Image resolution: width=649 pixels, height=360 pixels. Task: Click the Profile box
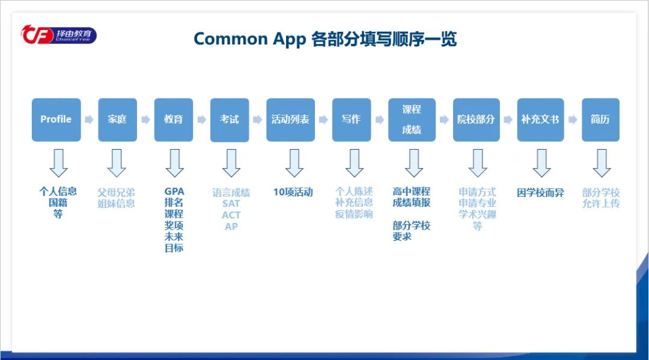[56, 120]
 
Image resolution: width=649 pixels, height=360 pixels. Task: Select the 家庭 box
[117, 120]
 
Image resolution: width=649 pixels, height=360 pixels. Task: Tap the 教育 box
[174, 120]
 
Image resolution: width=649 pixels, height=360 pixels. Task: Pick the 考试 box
[230, 120]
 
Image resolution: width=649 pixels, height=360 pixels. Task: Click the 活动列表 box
[290, 120]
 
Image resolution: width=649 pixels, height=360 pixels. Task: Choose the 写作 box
[352, 120]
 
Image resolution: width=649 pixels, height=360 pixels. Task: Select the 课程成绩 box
[412, 120]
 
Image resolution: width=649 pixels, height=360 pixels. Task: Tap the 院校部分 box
[476, 120]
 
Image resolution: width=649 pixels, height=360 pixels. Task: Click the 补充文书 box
[540, 120]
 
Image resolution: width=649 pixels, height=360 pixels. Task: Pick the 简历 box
[600, 120]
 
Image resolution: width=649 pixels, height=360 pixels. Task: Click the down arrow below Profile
[58, 163]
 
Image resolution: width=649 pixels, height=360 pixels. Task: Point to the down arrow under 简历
[602, 163]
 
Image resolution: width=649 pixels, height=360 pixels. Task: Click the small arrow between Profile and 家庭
[89, 120]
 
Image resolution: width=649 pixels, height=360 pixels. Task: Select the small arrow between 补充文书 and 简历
[572, 120]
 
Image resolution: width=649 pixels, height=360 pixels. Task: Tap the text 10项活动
[293, 192]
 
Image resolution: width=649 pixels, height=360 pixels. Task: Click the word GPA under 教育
[174, 192]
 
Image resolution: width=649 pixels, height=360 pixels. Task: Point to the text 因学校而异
[540, 193]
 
